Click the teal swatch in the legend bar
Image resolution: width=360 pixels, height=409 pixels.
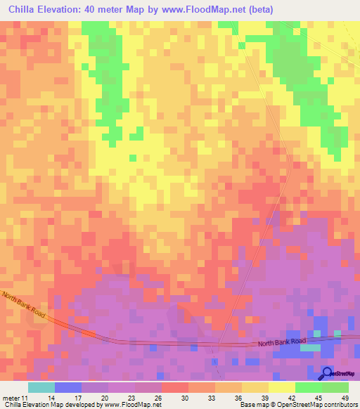point(41,387)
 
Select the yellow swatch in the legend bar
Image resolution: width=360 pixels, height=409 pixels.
point(281,387)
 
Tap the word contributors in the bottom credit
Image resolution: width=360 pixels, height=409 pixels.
point(342,405)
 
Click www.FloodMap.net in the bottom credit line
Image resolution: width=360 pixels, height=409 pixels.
point(132,405)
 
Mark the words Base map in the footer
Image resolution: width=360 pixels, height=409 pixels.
point(253,405)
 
